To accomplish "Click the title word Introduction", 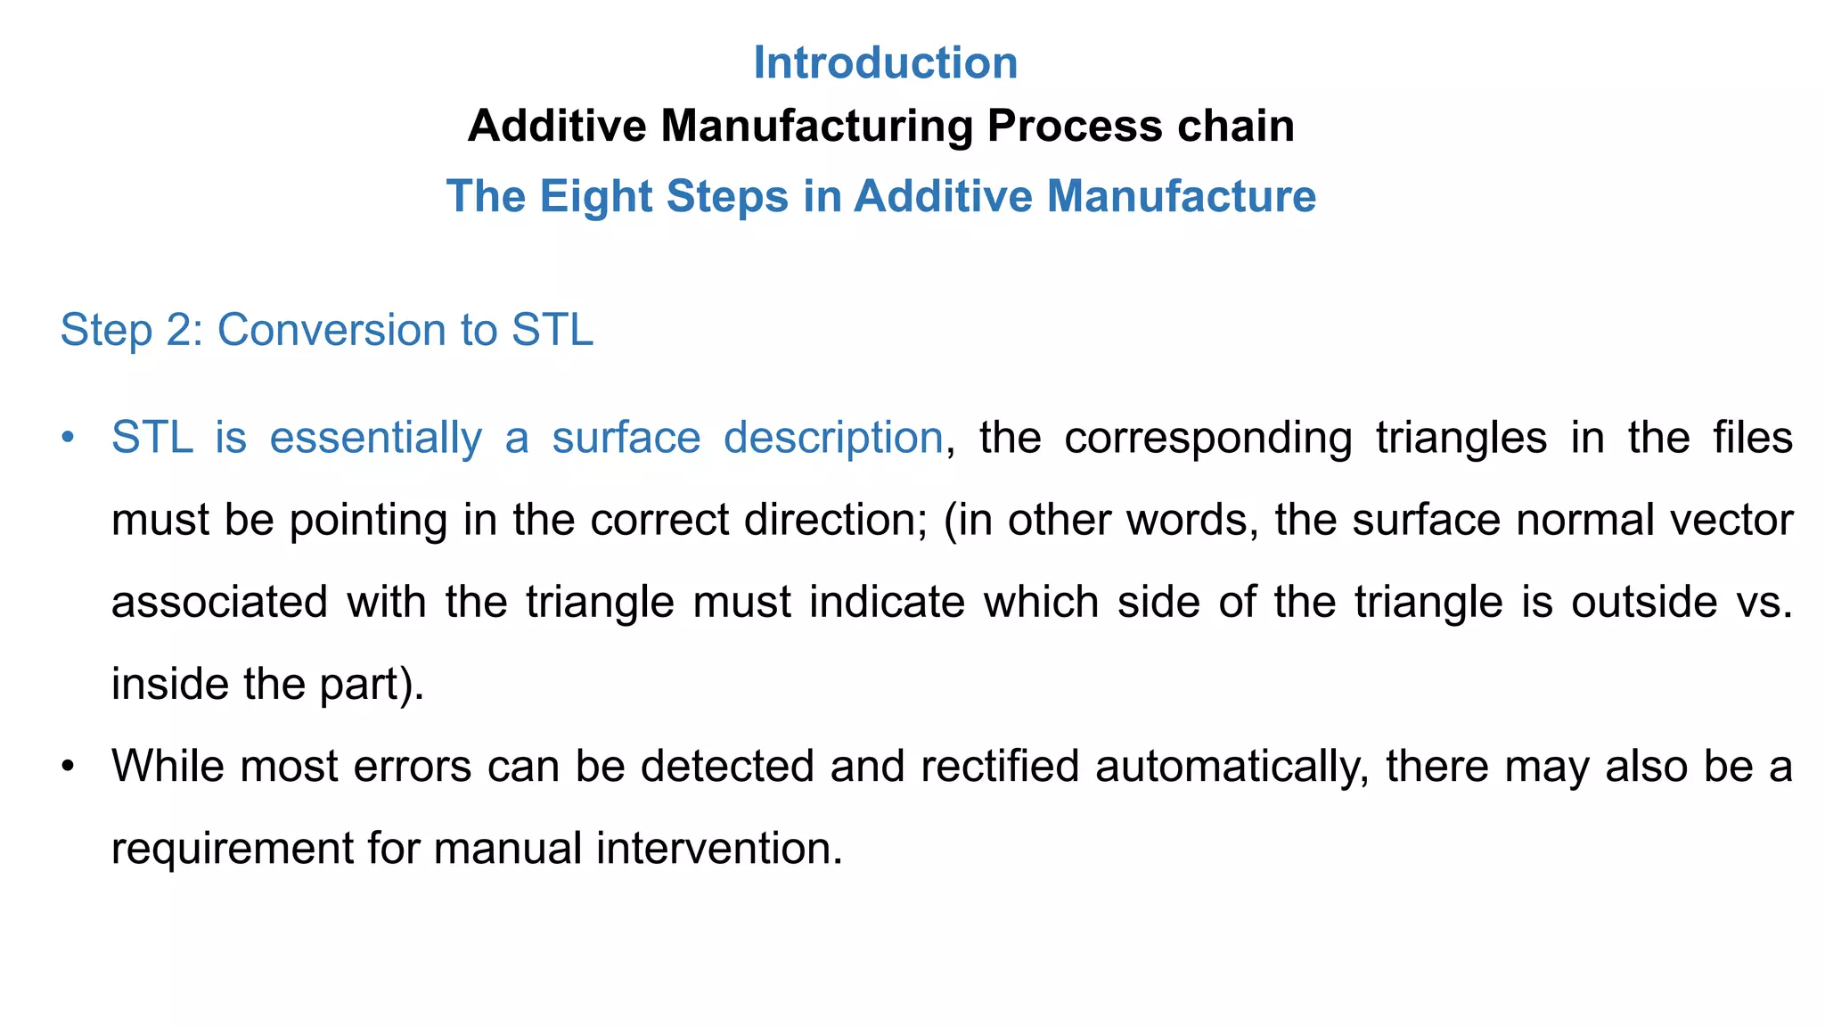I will click(885, 63).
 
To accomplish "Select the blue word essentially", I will click(375, 438).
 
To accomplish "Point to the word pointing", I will click(368, 521).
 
